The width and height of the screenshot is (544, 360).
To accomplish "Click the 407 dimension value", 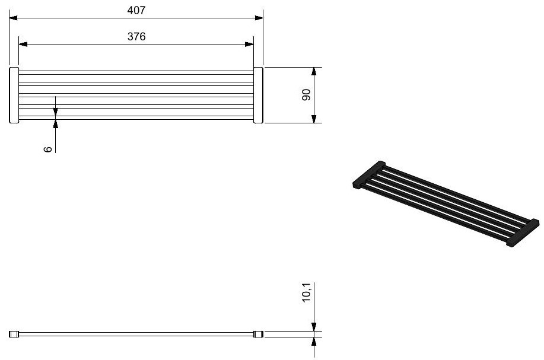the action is [x=136, y=11].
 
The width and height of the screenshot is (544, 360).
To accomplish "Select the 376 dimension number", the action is [x=136, y=36].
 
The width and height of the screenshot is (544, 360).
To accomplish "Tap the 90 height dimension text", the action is [x=306, y=95].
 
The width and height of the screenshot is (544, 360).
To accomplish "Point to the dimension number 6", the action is [x=48, y=149].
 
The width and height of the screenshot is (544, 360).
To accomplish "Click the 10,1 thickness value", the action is [x=306, y=292].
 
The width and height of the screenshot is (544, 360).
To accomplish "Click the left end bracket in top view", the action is [x=14, y=95].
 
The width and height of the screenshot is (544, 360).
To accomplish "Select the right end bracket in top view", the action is [x=258, y=95].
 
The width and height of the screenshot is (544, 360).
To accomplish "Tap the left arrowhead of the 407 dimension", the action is [x=13, y=18].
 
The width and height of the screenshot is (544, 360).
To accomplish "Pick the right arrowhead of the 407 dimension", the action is [x=259, y=18].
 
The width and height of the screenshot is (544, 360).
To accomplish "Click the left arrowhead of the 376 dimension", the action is [x=23, y=44].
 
